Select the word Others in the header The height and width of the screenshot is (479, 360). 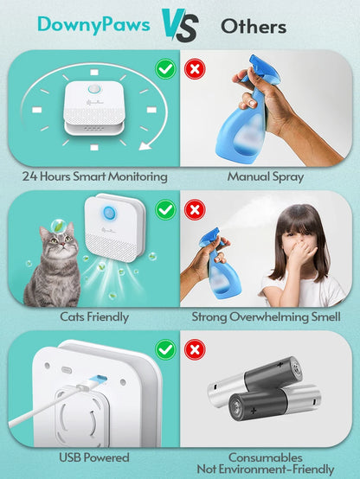[254, 26]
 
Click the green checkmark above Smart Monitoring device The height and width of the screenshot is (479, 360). [164, 67]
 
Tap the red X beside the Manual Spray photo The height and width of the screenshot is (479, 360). [196, 67]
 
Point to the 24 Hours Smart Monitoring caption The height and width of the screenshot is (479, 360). [94, 176]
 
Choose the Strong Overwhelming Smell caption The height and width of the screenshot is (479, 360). [265, 317]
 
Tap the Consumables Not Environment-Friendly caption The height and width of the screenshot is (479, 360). [265, 462]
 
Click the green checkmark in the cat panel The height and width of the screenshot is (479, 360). [164, 208]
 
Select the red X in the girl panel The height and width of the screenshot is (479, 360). [196, 208]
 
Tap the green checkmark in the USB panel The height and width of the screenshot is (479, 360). [164, 348]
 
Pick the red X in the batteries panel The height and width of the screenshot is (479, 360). [196, 348]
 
